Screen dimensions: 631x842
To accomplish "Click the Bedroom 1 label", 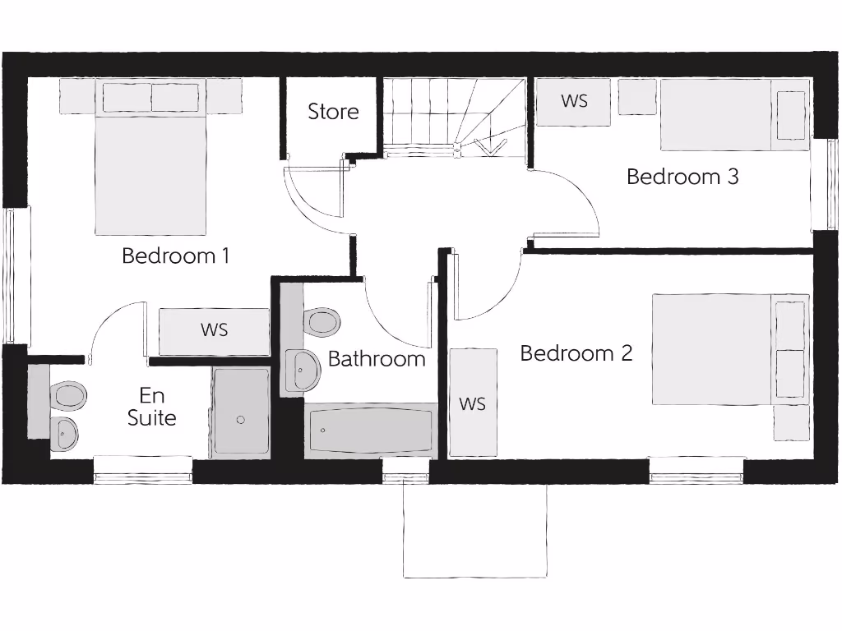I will [x=175, y=256].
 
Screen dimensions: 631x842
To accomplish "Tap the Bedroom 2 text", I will [x=576, y=353].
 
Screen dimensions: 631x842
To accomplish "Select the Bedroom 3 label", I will [x=682, y=177].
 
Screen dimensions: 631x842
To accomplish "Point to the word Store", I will [x=333, y=112].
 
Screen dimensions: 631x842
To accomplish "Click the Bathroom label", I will [x=377, y=359].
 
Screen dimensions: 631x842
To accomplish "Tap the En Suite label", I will [x=152, y=408].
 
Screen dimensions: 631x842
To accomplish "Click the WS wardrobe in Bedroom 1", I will [x=214, y=331].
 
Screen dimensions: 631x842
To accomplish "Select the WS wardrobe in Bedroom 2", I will [x=473, y=403].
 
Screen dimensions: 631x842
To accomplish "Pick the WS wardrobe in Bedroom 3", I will [x=574, y=101].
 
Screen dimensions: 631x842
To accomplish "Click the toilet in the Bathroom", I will [x=321, y=322].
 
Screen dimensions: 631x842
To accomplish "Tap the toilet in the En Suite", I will [x=67, y=396].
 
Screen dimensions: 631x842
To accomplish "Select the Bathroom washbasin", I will [x=302, y=370].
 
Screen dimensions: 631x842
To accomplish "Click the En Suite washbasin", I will [x=64, y=433].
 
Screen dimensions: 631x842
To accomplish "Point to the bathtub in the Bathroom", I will [x=370, y=430].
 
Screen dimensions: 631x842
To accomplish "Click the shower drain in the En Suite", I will [x=241, y=420].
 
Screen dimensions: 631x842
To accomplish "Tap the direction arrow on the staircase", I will [x=492, y=147].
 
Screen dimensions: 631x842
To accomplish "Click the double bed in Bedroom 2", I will [x=724, y=349].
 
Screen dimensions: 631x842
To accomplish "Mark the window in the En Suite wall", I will [x=143, y=469].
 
